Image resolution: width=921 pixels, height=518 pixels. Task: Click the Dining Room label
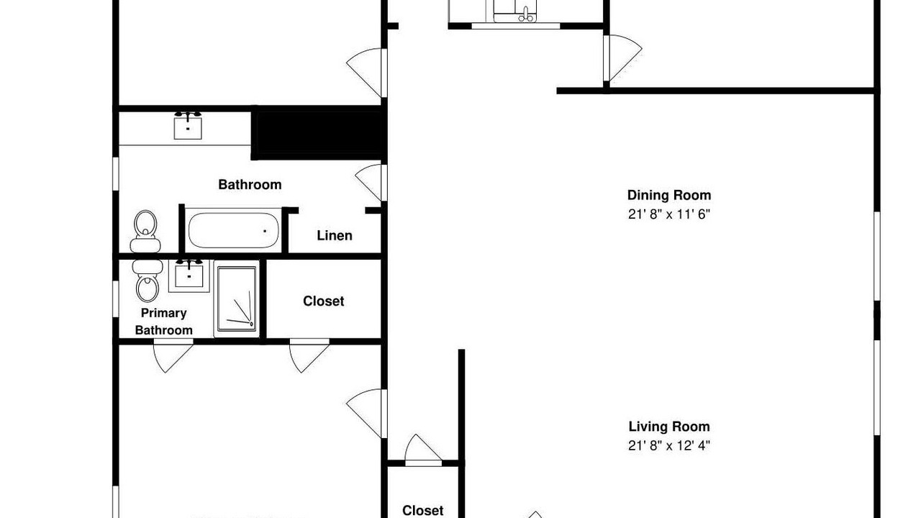pyautogui.click(x=669, y=195)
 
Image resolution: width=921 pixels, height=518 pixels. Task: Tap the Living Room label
pyautogui.click(x=669, y=427)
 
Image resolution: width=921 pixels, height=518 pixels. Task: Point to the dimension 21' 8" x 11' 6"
pyautogui.click(x=669, y=214)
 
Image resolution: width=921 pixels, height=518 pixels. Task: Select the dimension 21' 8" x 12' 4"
pyautogui.click(x=669, y=445)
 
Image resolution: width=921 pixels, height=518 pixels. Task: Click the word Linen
pyautogui.click(x=335, y=235)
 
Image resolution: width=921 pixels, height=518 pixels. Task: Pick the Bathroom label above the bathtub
pyautogui.click(x=250, y=185)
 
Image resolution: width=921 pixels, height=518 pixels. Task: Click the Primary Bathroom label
pyautogui.click(x=163, y=322)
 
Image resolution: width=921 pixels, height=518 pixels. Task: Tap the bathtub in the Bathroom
pyautogui.click(x=233, y=230)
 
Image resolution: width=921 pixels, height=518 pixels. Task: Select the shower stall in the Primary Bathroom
pyautogui.click(x=237, y=299)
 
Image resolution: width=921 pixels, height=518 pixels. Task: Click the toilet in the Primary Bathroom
pyautogui.click(x=147, y=281)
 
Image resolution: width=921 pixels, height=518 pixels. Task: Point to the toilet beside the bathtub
pyautogui.click(x=145, y=232)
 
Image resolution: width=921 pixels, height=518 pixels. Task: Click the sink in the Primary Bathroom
pyautogui.click(x=189, y=275)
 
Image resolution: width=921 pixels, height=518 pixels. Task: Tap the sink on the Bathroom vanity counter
pyautogui.click(x=188, y=126)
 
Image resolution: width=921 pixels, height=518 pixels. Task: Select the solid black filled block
pyautogui.click(x=319, y=133)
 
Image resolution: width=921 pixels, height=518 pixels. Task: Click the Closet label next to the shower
pyautogui.click(x=324, y=301)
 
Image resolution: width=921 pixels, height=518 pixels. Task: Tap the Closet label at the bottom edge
pyautogui.click(x=422, y=511)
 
